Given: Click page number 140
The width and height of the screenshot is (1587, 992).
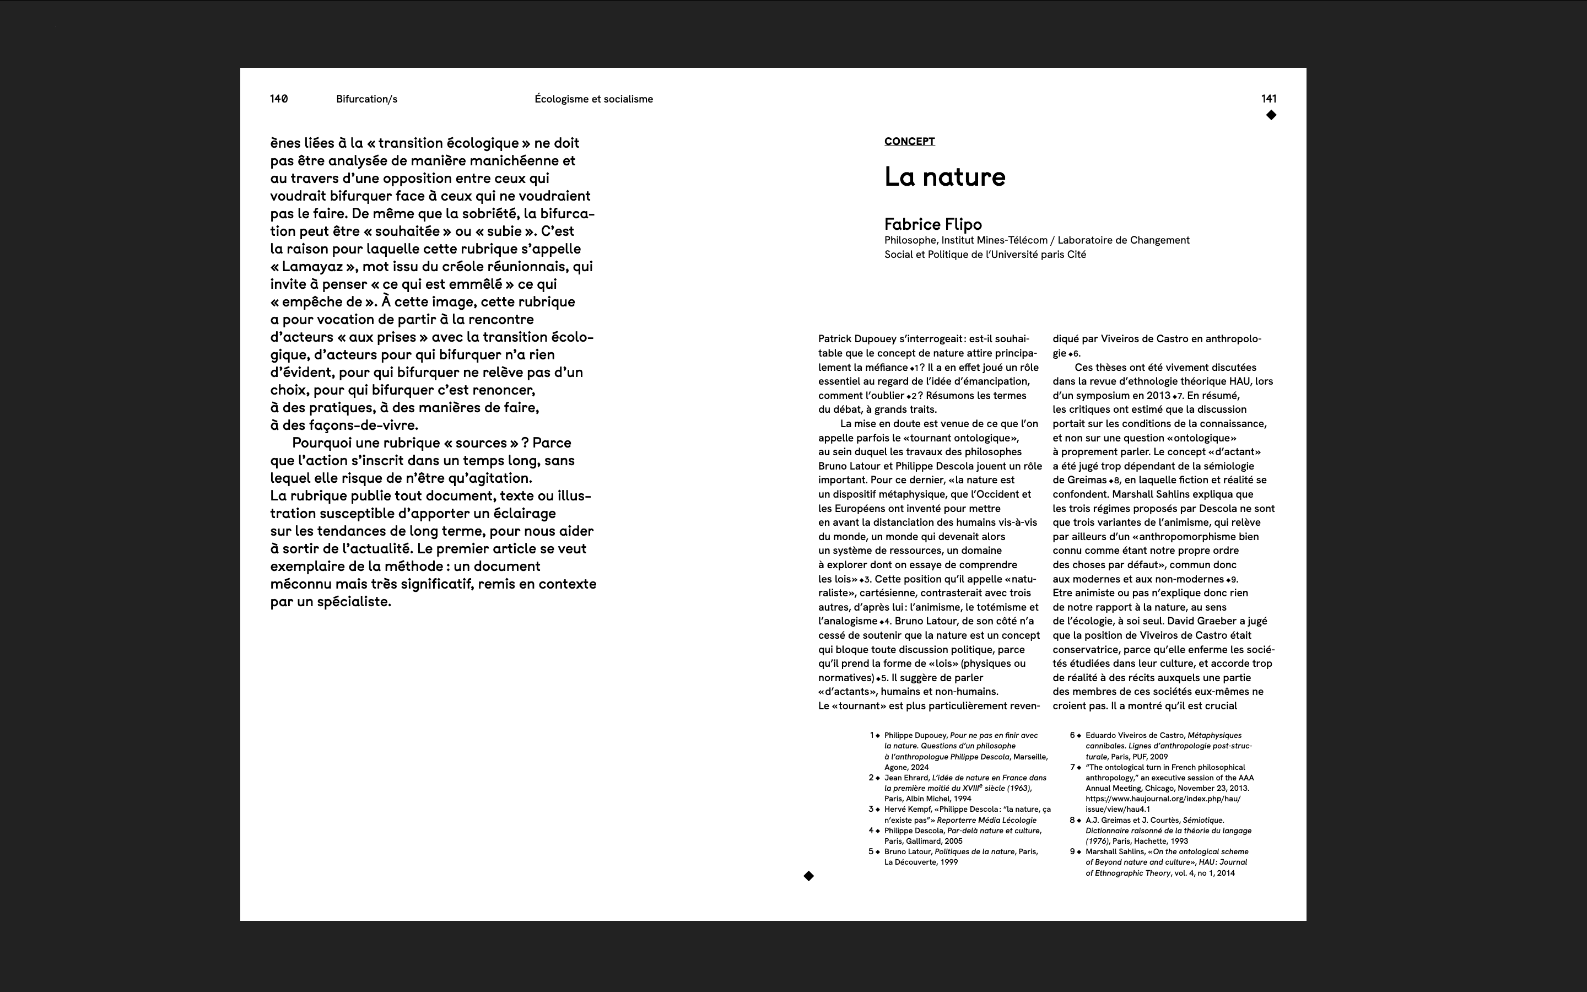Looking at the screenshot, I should coord(279,99).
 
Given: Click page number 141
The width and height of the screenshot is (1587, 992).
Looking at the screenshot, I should coord(1268,99).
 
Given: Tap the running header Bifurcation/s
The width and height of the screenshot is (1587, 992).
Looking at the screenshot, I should coord(366,99).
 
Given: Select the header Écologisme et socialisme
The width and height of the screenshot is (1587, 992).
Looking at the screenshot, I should coord(593,99).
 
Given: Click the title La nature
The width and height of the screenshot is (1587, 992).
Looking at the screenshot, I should coord(944,176).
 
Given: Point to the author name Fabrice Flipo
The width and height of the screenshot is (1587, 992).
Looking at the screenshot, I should coord(932,224).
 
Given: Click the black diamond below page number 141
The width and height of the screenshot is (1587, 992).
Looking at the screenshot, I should coord(1271,115).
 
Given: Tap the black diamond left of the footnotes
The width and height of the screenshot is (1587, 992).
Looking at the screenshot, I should coord(808,876).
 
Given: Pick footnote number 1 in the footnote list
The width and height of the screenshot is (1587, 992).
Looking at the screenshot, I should coord(872,736).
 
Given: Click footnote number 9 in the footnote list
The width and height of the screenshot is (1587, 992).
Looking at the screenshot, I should coord(1072,851).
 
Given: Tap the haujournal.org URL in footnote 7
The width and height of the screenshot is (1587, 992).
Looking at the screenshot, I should coord(1162,799).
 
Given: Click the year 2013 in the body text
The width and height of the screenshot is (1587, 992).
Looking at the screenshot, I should coord(1158,396).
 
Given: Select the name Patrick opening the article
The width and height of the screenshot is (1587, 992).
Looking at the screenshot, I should coord(835,339).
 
